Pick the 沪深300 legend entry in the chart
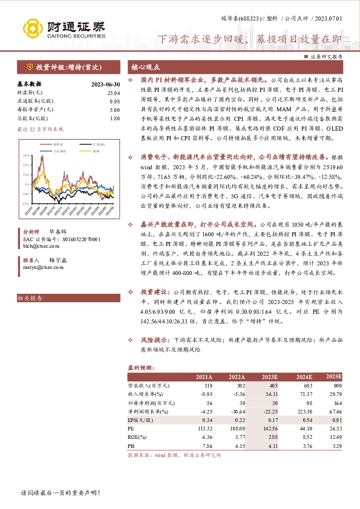pyautogui.click(x=87, y=145)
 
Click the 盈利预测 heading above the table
pyautogui.click(x=141, y=367)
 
